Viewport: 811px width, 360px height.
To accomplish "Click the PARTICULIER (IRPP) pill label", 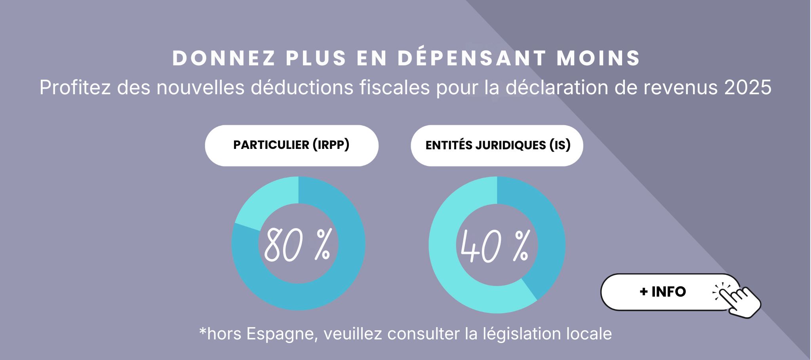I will (291, 145).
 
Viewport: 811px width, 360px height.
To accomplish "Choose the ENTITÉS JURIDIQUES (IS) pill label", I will (497, 145).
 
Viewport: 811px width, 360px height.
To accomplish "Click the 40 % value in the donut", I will (495, 246).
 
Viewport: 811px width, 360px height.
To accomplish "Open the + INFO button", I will (663, 292).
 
